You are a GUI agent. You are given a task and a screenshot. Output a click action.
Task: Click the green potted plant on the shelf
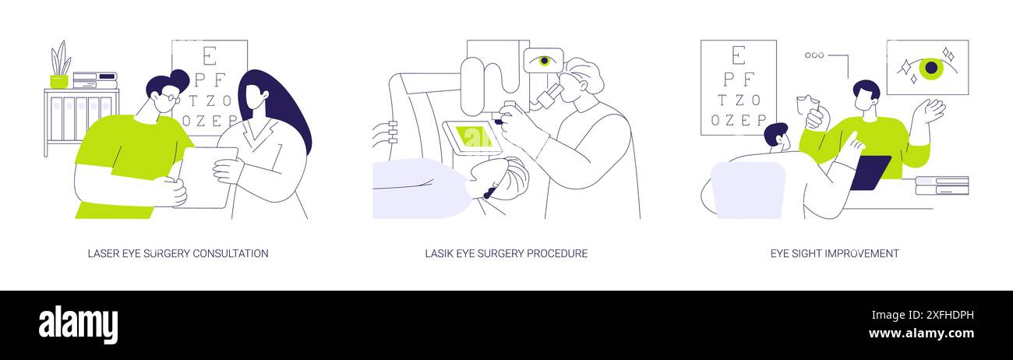(60, 65)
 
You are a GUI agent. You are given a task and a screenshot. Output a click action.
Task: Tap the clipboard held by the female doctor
(205, 178)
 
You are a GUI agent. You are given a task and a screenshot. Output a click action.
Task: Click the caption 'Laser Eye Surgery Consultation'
(178, 253)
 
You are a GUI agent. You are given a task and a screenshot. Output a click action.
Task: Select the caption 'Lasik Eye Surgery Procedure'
(506, 253)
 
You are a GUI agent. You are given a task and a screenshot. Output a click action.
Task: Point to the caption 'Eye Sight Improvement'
(835, 253)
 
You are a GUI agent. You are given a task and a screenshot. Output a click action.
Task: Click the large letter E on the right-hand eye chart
(739, 56)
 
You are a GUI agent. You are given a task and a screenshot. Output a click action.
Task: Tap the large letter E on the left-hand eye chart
(209, 56)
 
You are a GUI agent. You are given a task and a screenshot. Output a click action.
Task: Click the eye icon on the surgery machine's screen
(543, 60)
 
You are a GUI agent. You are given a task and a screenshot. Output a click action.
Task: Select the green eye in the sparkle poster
(930, 68)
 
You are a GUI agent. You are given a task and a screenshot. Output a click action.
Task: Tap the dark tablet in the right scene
(870, 172)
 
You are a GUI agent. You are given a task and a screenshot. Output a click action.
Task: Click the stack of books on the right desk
(941, 185)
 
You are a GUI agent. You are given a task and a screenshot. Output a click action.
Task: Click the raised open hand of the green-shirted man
(930, 111)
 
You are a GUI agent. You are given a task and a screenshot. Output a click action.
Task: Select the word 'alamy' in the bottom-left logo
(78, 325)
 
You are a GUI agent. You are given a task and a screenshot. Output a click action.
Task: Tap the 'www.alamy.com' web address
(921, 334)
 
